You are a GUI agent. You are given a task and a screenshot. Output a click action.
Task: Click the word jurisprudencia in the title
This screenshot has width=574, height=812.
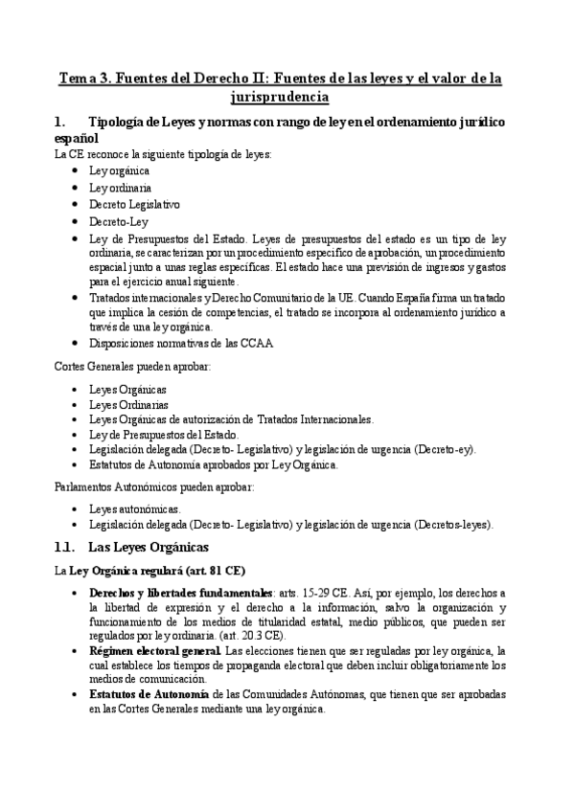click(280, 97)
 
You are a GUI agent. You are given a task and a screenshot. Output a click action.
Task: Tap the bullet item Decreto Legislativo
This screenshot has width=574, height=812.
click(134, 204)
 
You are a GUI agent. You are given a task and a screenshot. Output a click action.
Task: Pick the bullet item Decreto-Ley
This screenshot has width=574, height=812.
click(119, 221)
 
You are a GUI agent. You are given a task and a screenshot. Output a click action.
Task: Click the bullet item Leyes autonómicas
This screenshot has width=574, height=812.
click(134, 508)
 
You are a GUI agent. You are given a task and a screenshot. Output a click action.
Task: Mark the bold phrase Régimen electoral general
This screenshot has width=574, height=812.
click(154, 651)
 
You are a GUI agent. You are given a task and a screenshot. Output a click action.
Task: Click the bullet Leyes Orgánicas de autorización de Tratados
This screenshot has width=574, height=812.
click(231, 419)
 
